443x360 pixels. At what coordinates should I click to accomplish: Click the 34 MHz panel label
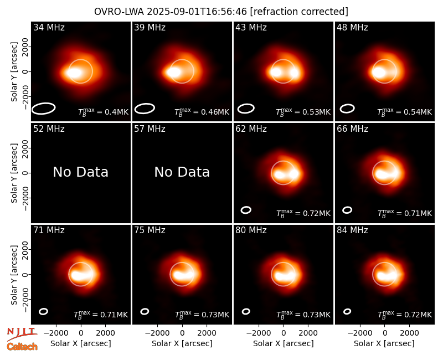(49, 27)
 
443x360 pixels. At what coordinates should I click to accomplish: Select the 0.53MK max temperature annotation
(303, 112)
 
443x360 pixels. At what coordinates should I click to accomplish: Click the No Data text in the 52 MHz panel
(80, 172)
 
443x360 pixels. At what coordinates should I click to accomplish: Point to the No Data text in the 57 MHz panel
(182, 172)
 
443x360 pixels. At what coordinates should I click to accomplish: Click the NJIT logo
(22, 334)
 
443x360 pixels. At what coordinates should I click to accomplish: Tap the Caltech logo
(22, 347)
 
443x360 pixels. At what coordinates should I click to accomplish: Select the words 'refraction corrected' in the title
(299, 12)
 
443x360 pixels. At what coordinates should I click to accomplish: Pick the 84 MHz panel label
(352, 230)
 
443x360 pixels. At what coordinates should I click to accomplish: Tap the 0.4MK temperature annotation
(103, 112)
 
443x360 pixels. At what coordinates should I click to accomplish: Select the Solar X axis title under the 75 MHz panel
(182, 343)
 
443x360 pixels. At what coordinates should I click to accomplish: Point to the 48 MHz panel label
(352, 27)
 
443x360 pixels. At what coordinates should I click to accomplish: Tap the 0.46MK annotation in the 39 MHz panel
(202, 112)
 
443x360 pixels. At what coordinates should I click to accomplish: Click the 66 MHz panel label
(352, 129)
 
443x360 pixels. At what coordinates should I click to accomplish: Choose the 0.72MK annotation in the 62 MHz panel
(303, 213)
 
